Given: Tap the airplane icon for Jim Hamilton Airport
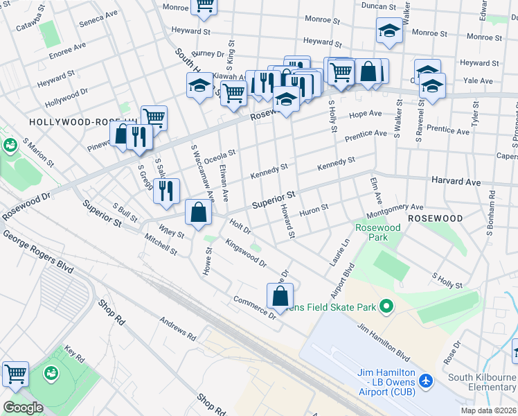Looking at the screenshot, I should (425, 381).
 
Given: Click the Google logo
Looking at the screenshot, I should (23, 408).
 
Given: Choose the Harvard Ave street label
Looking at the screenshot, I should (456, 182).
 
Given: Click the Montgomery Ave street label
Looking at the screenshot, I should (394, 207).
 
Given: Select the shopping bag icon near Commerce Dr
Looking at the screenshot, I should (279, 295).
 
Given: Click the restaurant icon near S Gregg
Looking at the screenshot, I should (166, 191).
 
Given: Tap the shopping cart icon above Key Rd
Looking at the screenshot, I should (15, 374).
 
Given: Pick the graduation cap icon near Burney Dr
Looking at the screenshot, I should (200, 85).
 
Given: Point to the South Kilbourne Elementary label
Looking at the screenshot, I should (481, 383).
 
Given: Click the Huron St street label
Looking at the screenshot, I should (314, 209).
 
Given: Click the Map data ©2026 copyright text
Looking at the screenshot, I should (488, 410).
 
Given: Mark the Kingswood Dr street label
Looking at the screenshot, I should (245, 252).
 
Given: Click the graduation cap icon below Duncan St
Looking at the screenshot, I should (389, 31).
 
